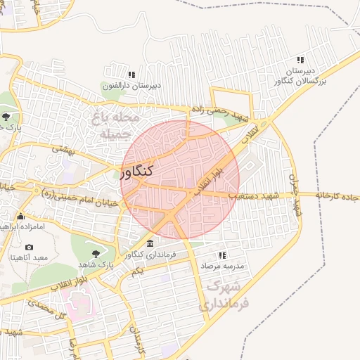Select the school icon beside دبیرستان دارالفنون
[x=131, y=75]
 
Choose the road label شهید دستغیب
[x=250, y=194]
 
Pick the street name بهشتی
[x=63, y=149]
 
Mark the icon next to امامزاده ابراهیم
[x=20, y=216]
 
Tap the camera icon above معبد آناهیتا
[x=29, y=247]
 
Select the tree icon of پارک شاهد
[x=96, y=253]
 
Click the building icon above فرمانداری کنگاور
[x=150, y=243]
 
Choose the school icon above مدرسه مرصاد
[x=223, y=255]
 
